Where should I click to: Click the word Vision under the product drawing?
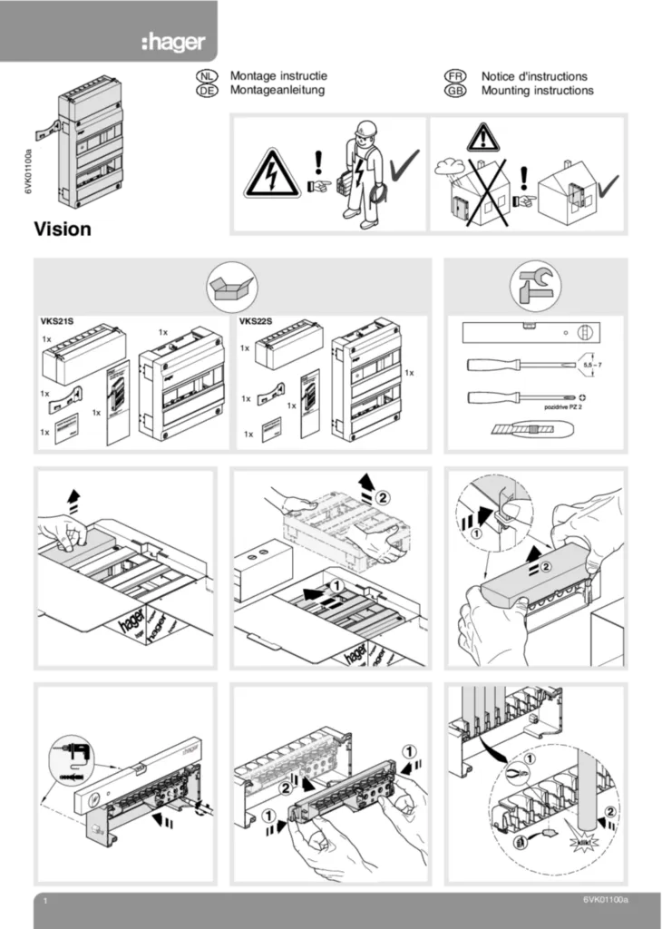(63, 230)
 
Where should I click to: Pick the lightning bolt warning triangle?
(273, 174)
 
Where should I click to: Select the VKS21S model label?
(57, 321)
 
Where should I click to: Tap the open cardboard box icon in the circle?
(232, 288)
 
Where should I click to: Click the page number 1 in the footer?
(44, 901)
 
